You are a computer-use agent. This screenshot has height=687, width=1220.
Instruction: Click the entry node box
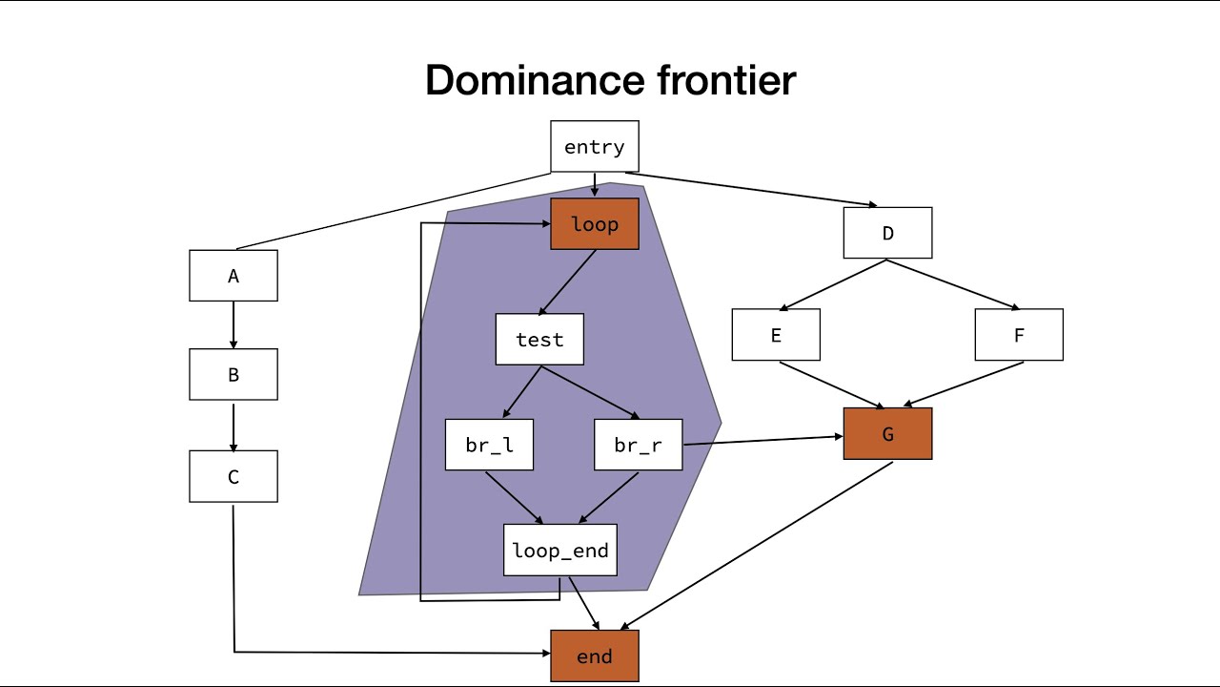[595, 147]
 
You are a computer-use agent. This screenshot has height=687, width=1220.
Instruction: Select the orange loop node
[595, 224]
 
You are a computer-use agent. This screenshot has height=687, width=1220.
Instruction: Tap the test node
[539, 340]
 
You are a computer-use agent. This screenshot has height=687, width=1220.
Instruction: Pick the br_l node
[489, 446]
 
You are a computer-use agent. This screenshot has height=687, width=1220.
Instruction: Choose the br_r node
[639, 446]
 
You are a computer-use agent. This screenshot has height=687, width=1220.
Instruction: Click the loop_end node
[560, 551]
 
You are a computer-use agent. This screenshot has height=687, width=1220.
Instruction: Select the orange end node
[595, 656]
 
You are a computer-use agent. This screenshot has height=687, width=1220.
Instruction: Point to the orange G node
[887, 434]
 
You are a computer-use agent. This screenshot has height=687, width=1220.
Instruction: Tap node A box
[234, 276]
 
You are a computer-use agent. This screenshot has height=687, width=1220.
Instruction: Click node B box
[234, 374]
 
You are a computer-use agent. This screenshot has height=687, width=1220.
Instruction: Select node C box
[234, 476]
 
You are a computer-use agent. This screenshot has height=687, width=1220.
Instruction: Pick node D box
[887, 233]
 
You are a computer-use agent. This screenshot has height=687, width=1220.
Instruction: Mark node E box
[776, 335]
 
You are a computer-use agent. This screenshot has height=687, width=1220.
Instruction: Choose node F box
[1019, 335]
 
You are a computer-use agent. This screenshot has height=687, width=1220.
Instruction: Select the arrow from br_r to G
[762, 440]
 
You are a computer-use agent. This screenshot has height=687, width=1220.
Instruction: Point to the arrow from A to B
[234, 324]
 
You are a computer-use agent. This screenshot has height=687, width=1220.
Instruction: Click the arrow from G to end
[758, 546]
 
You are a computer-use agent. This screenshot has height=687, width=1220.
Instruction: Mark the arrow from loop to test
[568, 282]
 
